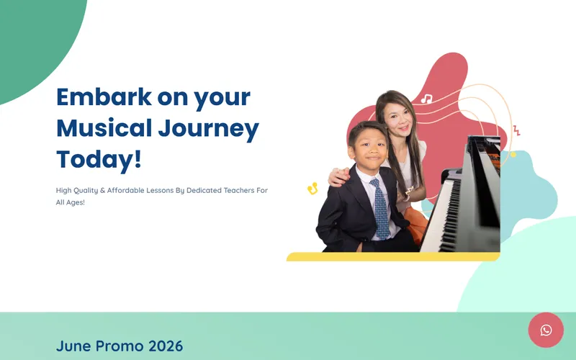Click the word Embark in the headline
[x=104, y=97]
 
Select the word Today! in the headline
[x=99, y=159]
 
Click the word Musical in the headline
[x=104, y=128]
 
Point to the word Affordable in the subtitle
[x=125, y=190]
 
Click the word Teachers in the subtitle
[x=239, y=190]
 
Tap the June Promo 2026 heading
[x=120, y=346]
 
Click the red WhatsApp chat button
[x=546, y=330]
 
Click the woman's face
[x=398, y=117]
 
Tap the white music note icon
[x=426, y=99]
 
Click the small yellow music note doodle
[x=312, y=189]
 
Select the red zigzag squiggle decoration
[x=516, y=130]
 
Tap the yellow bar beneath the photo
[x=393, y=256]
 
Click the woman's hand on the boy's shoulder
[x=338, y=176]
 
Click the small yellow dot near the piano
[x=513, y=155]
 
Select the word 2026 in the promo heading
[x=166, y=346]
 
